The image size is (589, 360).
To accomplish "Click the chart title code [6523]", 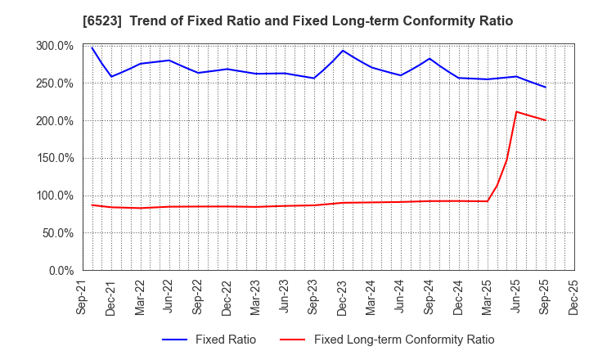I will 101,21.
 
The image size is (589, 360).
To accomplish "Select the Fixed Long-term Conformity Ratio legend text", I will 404,340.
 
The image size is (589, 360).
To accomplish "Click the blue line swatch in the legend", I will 177,340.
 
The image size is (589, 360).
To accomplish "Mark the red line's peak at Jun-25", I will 516,111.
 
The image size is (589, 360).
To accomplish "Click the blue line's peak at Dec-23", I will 343,51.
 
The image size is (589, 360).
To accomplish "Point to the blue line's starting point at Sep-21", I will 92,47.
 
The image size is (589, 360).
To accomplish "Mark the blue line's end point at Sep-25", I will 546,87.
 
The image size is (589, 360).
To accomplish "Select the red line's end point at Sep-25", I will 546,120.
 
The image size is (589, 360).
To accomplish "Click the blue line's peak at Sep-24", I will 429,58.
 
